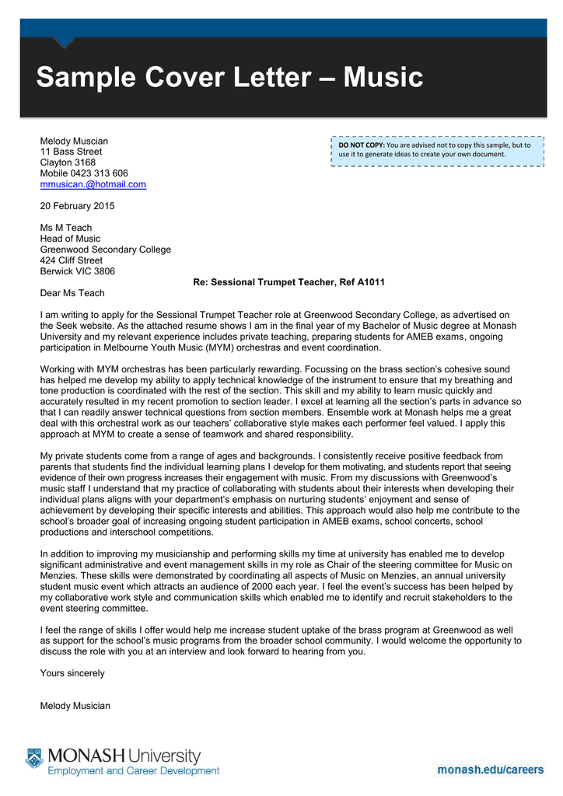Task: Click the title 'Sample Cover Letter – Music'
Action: click(x=229, y=78)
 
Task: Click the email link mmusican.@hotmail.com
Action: click(x=93, y=184)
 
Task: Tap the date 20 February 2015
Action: click(x=77, y=206)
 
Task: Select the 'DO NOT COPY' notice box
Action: click(x=436, y=149)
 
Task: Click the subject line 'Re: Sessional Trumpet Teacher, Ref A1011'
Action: click(x=288, y=282)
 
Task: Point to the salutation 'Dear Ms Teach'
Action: click(x=72, y=293)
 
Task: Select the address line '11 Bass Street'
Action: click(x=71, y=152)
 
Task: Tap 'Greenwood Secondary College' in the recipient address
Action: click(x=105, y=250)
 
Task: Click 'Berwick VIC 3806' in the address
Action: click(x=77, y=271)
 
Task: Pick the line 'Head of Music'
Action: click(x=70, y=239)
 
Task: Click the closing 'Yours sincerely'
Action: click(x=72, y=672)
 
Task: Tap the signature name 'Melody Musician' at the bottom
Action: click(x=75, y=706)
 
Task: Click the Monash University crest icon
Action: click(x=33, y=759)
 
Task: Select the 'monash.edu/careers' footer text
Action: click(x=490, y=770)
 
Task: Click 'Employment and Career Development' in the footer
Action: click(x=134, y=771)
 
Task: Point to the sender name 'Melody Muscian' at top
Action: click(x=74, y=141)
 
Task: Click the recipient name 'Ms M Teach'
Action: click(x=65, y=228)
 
